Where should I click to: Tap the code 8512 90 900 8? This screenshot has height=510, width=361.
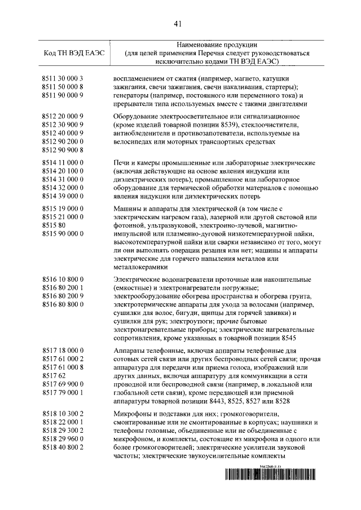[x=63, y=150]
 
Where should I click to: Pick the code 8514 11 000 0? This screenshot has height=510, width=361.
[x=63, y=161]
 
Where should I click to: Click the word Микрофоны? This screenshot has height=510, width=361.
[x=131, y=413]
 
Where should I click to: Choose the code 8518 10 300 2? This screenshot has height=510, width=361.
[x=63, y=413]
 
